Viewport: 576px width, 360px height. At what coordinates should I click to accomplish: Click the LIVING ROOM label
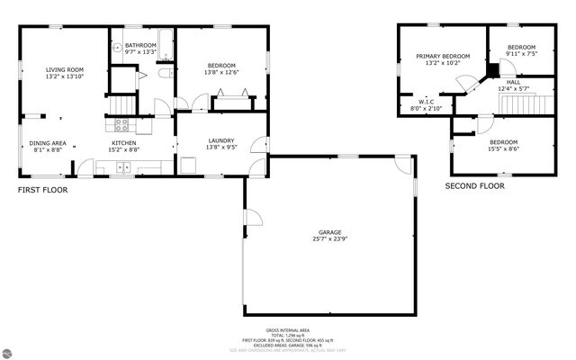tap(65, 69)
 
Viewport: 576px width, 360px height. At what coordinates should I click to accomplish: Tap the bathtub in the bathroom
tap(162, 40)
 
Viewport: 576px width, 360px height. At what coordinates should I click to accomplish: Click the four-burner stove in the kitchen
tap(120, 125)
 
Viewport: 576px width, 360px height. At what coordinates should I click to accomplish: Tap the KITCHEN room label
tap(124, 142)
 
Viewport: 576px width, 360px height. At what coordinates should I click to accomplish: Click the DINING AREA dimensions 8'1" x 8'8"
tap(48, 149)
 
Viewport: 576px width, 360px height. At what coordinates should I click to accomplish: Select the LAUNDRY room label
tap(220, 140)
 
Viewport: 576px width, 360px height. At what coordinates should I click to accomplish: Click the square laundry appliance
tap(188, 165)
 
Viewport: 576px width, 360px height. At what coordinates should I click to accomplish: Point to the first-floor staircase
tap(121, 105)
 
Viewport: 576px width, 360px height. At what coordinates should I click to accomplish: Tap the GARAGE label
tap(329, 232)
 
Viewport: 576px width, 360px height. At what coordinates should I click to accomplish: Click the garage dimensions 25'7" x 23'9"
tap(329, 239)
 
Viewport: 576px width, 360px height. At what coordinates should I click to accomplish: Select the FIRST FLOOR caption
tap(42, 190)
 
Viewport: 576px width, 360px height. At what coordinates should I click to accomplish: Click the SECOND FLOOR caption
tap(474, 186)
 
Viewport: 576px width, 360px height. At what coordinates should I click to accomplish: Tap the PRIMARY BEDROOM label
tap(443, 56)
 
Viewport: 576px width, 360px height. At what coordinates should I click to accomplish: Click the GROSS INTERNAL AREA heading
tap(287, 330)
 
